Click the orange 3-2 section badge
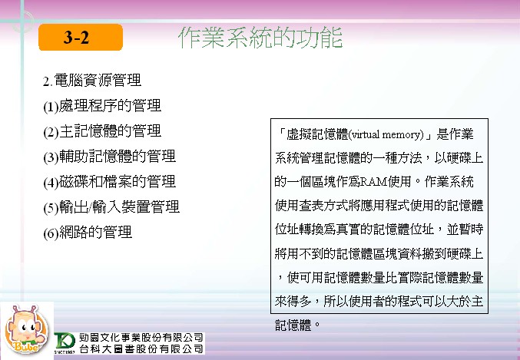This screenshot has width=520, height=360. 81,37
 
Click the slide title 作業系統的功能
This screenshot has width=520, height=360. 260,38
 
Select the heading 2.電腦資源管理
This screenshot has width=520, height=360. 92,81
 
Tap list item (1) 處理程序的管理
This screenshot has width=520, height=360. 102,106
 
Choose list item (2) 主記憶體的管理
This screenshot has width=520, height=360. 102,131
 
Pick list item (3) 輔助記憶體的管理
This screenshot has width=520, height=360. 109,157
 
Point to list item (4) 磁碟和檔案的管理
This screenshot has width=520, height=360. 109,182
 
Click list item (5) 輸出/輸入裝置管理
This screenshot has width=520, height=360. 111,207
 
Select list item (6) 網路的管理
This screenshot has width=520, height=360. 88,233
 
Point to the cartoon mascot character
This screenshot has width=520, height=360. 26,329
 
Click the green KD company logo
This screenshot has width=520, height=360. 65,342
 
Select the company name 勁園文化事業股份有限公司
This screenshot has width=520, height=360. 141,338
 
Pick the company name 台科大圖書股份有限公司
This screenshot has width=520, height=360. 141,348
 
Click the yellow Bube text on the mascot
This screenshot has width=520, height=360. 26,347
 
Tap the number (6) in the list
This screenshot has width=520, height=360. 51,233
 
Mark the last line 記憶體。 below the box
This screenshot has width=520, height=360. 297,325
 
